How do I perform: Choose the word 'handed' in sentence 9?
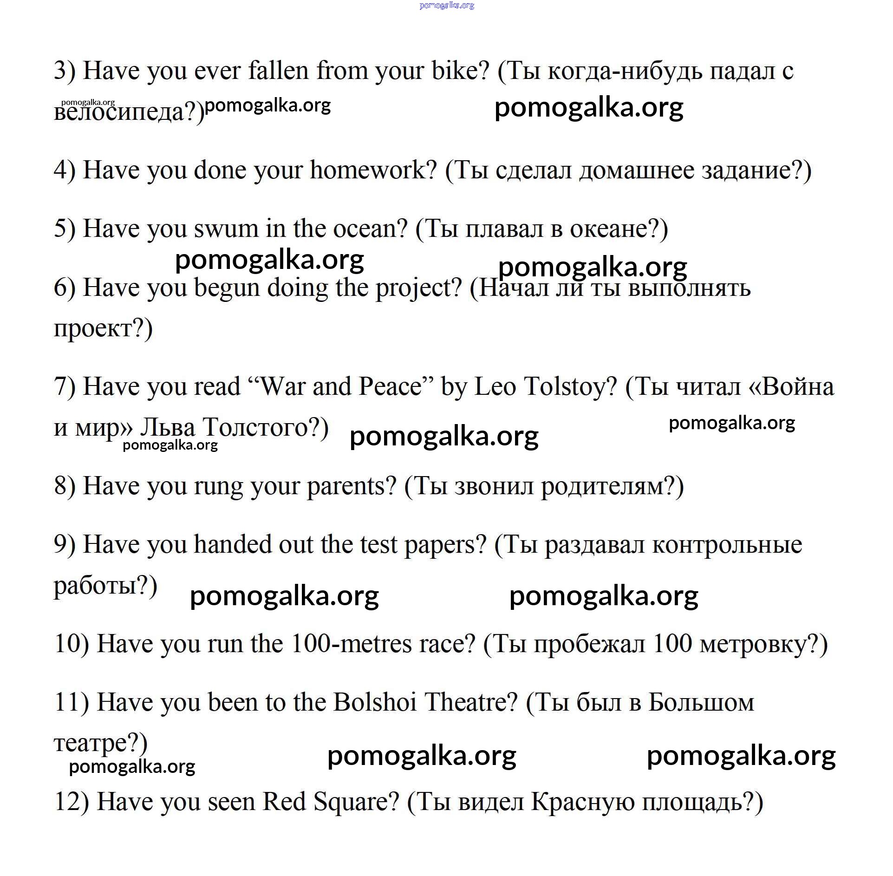(x=232, y=544)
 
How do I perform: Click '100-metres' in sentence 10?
(x=351, y=644)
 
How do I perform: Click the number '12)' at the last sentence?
(x=71, y=802)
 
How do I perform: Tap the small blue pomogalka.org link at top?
(x=446, y=6)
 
